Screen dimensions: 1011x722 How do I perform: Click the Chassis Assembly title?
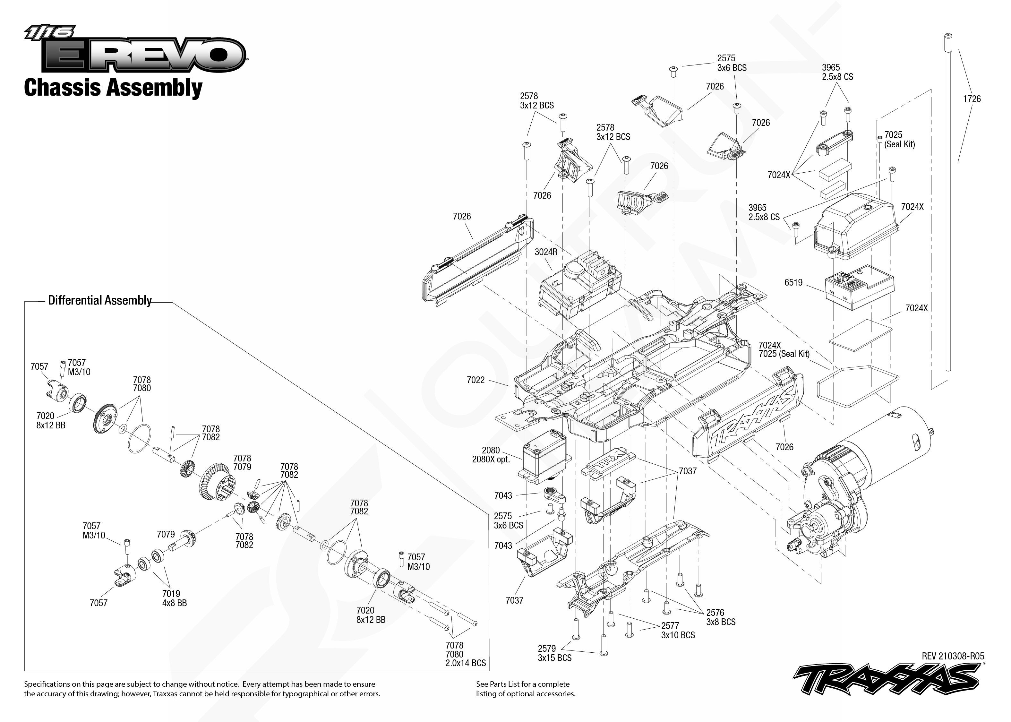[x=113, y=88]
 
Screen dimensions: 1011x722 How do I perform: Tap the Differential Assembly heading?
[x=100, y=301]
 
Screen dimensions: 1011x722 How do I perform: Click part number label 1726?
[x=972, y=99]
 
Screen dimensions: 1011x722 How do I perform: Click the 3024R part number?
[x=546, y=252]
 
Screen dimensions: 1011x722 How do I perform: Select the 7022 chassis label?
[x=476, y=380]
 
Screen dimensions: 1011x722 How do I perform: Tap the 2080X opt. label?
[x=491, y=459]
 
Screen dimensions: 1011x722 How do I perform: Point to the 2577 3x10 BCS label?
[x=678, y=631]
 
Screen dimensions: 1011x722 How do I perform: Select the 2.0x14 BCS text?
[x=466, y=663]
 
